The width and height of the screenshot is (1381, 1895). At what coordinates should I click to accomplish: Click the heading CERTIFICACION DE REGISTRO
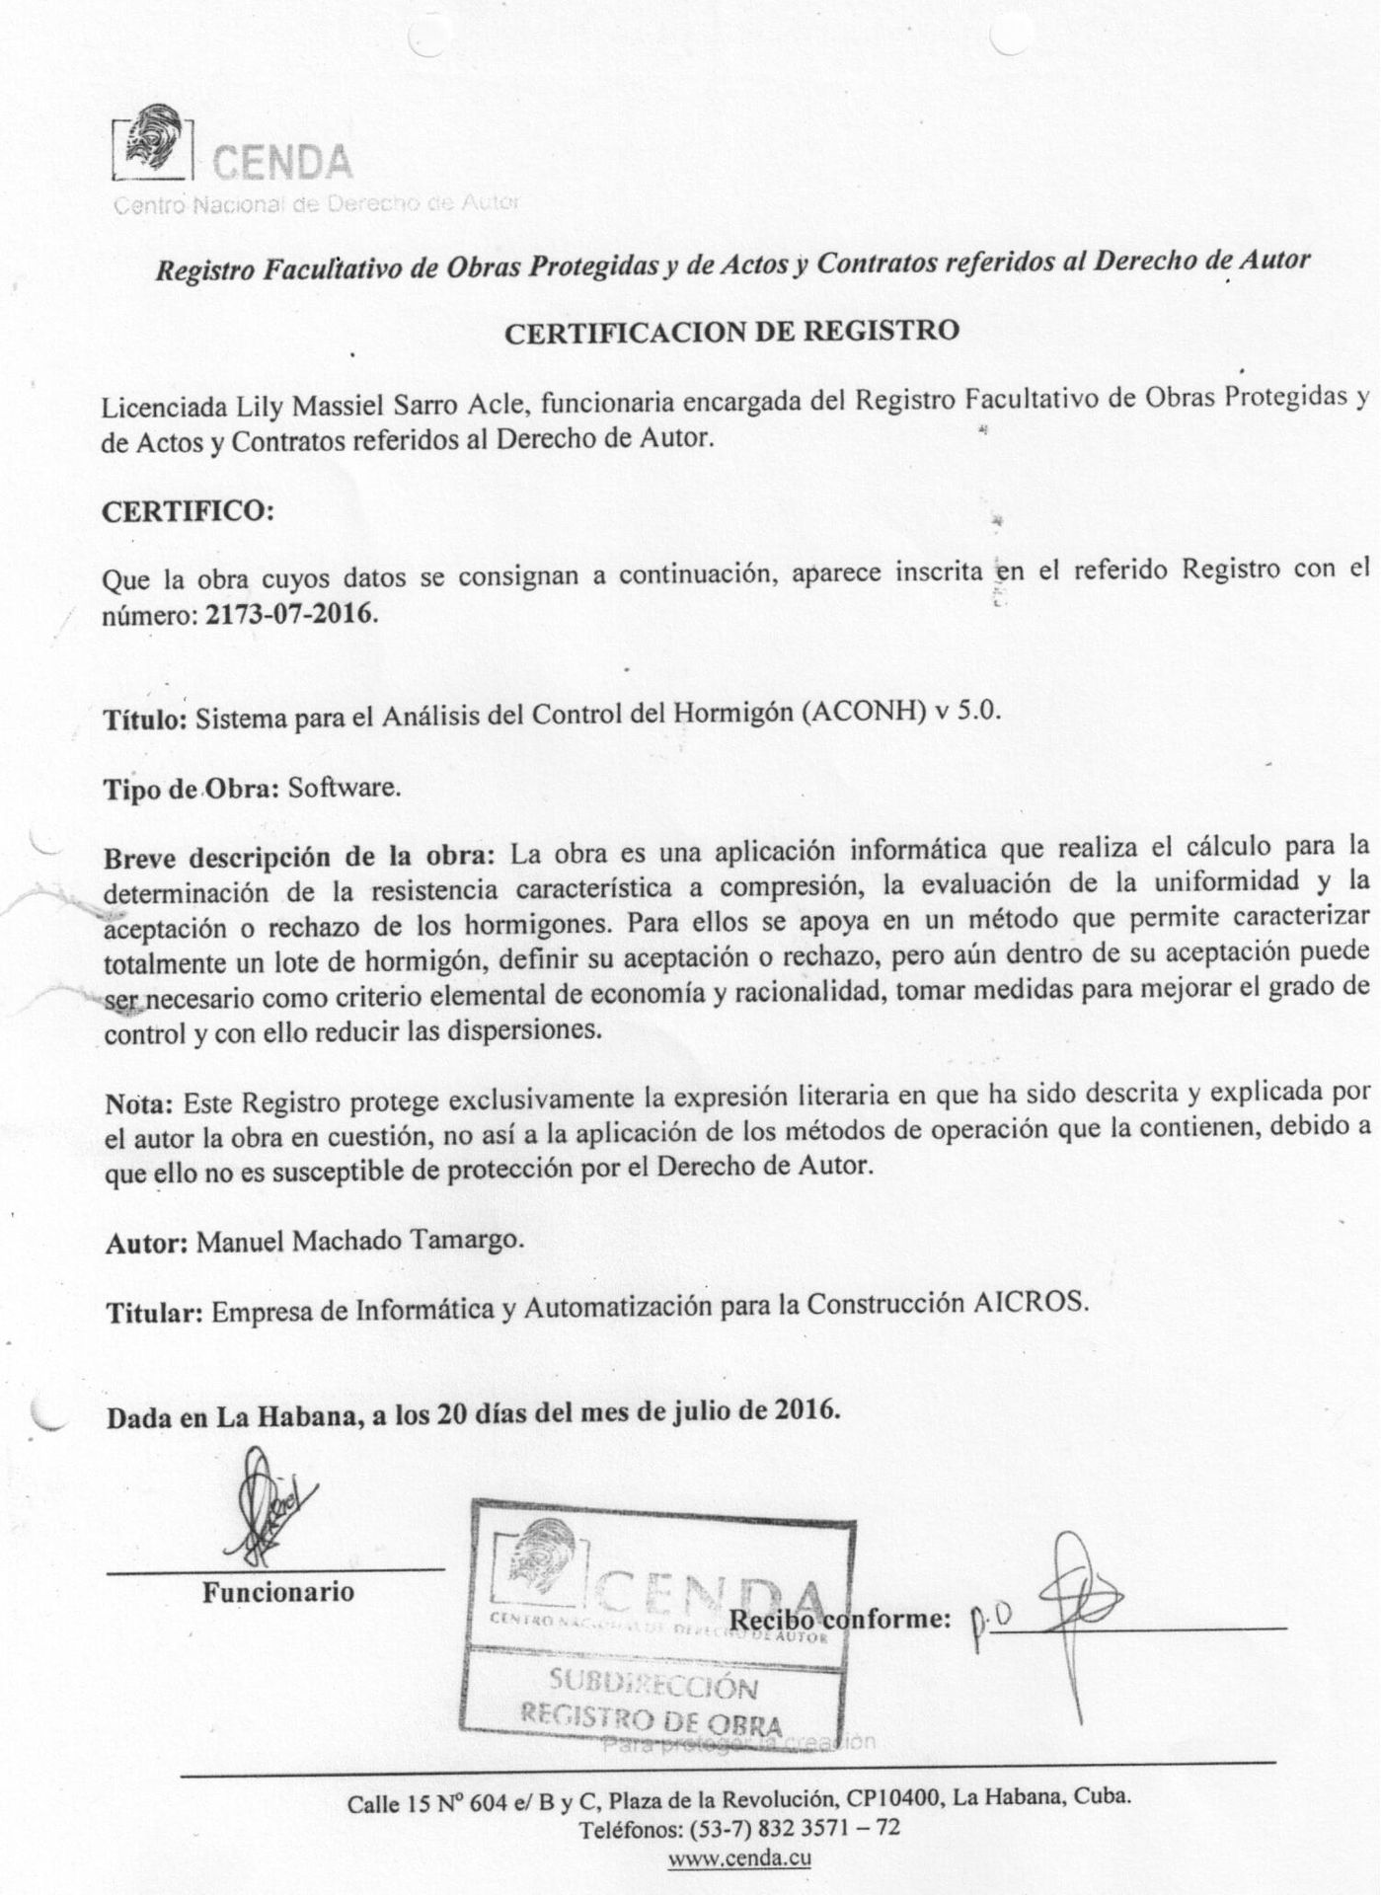coord(731,332)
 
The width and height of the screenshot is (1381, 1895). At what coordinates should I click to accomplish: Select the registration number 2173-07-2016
coord(290,614)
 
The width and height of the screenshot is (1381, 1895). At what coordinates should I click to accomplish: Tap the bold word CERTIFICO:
coord(187,512)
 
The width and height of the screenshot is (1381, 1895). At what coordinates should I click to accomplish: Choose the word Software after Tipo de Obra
coord(344,789)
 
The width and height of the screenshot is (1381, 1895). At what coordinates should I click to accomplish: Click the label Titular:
coord(154,1313)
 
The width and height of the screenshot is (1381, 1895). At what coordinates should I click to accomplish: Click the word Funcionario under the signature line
coord(277,1592)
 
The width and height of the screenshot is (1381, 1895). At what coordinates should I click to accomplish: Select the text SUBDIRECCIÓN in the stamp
coord(653,1685)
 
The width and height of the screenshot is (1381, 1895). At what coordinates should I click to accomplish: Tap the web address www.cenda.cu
coord(739,1857)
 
